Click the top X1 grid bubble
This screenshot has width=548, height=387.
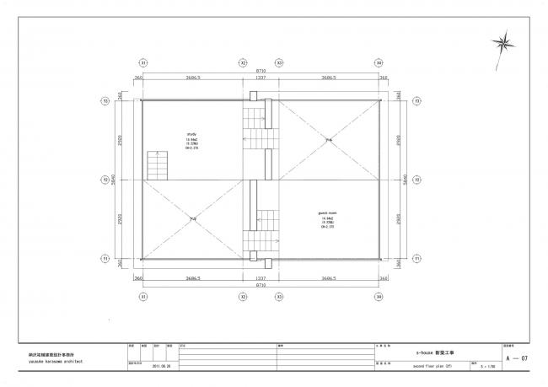click(x=143, y=63)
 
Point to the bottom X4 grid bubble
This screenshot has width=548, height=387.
click(x=379, y=296)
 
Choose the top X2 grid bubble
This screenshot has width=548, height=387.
click(x=243, y=63)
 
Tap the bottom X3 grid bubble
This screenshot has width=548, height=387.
click(x=280, y=296)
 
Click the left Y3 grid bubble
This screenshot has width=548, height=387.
click(x=106, y=101)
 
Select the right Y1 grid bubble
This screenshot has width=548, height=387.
click(x=416, y=257)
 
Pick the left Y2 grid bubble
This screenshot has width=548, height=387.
click(x=106, y=180)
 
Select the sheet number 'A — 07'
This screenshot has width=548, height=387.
click(x=517, y=359)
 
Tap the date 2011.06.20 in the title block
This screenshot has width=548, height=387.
click(x=162, y=367)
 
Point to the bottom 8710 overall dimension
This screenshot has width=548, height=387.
click(x=261, y=286)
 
